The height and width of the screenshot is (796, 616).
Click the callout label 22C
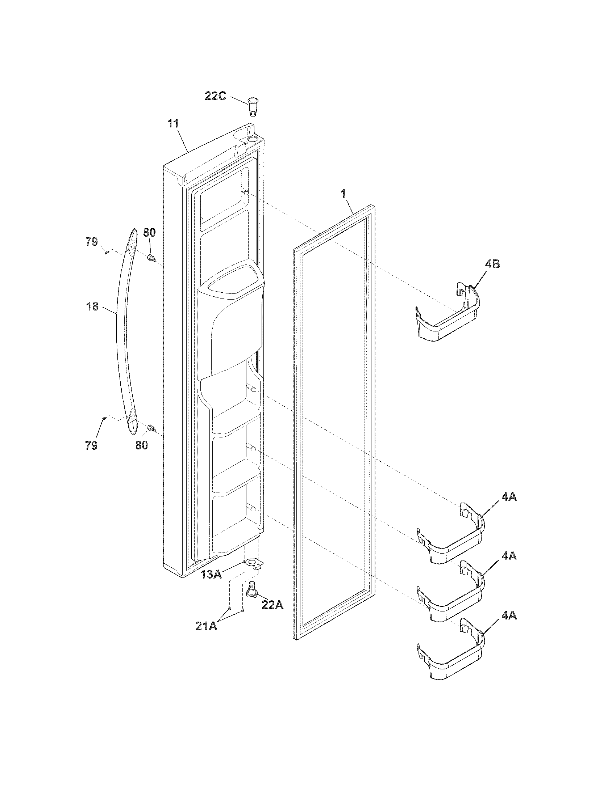(215, 97)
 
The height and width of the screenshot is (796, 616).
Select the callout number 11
(173, 124)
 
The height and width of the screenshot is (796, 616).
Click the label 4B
(492, 264)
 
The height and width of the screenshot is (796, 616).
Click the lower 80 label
(142, 445)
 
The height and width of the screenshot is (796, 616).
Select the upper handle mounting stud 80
(151, 259)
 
